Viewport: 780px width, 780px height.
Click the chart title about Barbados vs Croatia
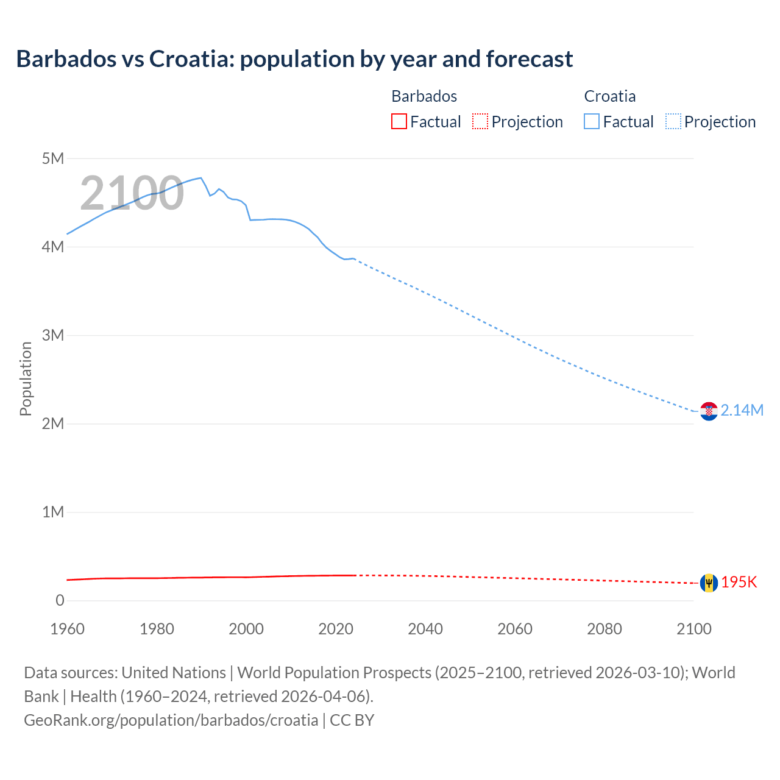pos(294,59)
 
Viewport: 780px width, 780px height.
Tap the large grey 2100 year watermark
pos(132,193)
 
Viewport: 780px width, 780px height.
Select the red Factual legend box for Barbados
pos(399,122)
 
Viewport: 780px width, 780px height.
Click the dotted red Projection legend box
pos(480,122)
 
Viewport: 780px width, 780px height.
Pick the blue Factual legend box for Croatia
pos(592,122)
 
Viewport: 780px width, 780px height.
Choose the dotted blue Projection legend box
pos(673,122)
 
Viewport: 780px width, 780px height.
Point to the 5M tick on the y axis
pos(53,159)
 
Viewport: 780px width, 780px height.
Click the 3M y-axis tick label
pos(53,336)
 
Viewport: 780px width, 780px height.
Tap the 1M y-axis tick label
pos(53,512)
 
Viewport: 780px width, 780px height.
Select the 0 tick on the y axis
pos(60,601)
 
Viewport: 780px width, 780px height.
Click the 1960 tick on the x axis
pos(67,629)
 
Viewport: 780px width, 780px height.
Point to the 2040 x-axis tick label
pos(425,629)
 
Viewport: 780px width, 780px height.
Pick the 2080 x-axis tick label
pos(604,629)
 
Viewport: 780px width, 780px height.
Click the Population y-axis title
pos(26,379)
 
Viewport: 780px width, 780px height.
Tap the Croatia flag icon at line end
pos(709,411)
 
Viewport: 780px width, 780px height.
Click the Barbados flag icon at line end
pos(709,583)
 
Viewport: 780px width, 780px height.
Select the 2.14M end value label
pos(742,411)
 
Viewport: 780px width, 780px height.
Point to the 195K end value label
pos(739,583)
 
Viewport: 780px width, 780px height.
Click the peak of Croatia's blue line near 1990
pos(200,178)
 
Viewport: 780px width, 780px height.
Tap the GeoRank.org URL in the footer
pos(171,720)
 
